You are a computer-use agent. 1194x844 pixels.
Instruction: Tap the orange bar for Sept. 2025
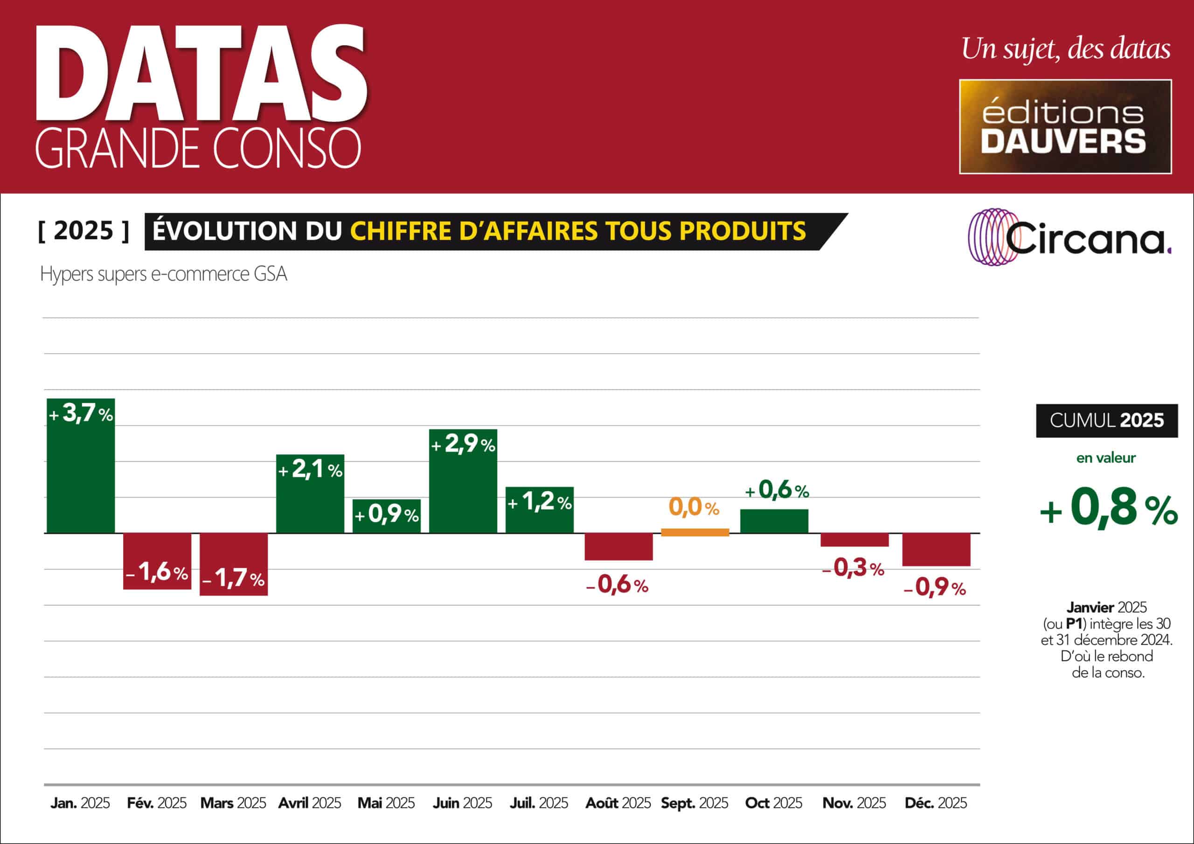coord(695,532)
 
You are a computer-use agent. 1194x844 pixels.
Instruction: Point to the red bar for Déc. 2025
coord(936,550)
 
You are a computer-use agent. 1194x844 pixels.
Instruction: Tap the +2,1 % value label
coord(311,470)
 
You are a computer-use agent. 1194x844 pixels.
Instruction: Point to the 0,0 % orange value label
coord(694,507)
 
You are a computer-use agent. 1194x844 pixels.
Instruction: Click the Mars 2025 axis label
coord(233,803)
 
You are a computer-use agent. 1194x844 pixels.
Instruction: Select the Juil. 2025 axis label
coord(539,803)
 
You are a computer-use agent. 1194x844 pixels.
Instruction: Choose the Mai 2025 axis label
coord(386,803)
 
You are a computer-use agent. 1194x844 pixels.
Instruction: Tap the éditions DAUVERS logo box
coord(1065,126)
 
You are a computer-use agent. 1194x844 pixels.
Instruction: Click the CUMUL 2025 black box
coord(1107,420)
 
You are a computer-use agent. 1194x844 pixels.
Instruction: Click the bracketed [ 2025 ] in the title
coord(83,231)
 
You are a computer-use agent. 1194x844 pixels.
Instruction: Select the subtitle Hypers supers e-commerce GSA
coord(163,274)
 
